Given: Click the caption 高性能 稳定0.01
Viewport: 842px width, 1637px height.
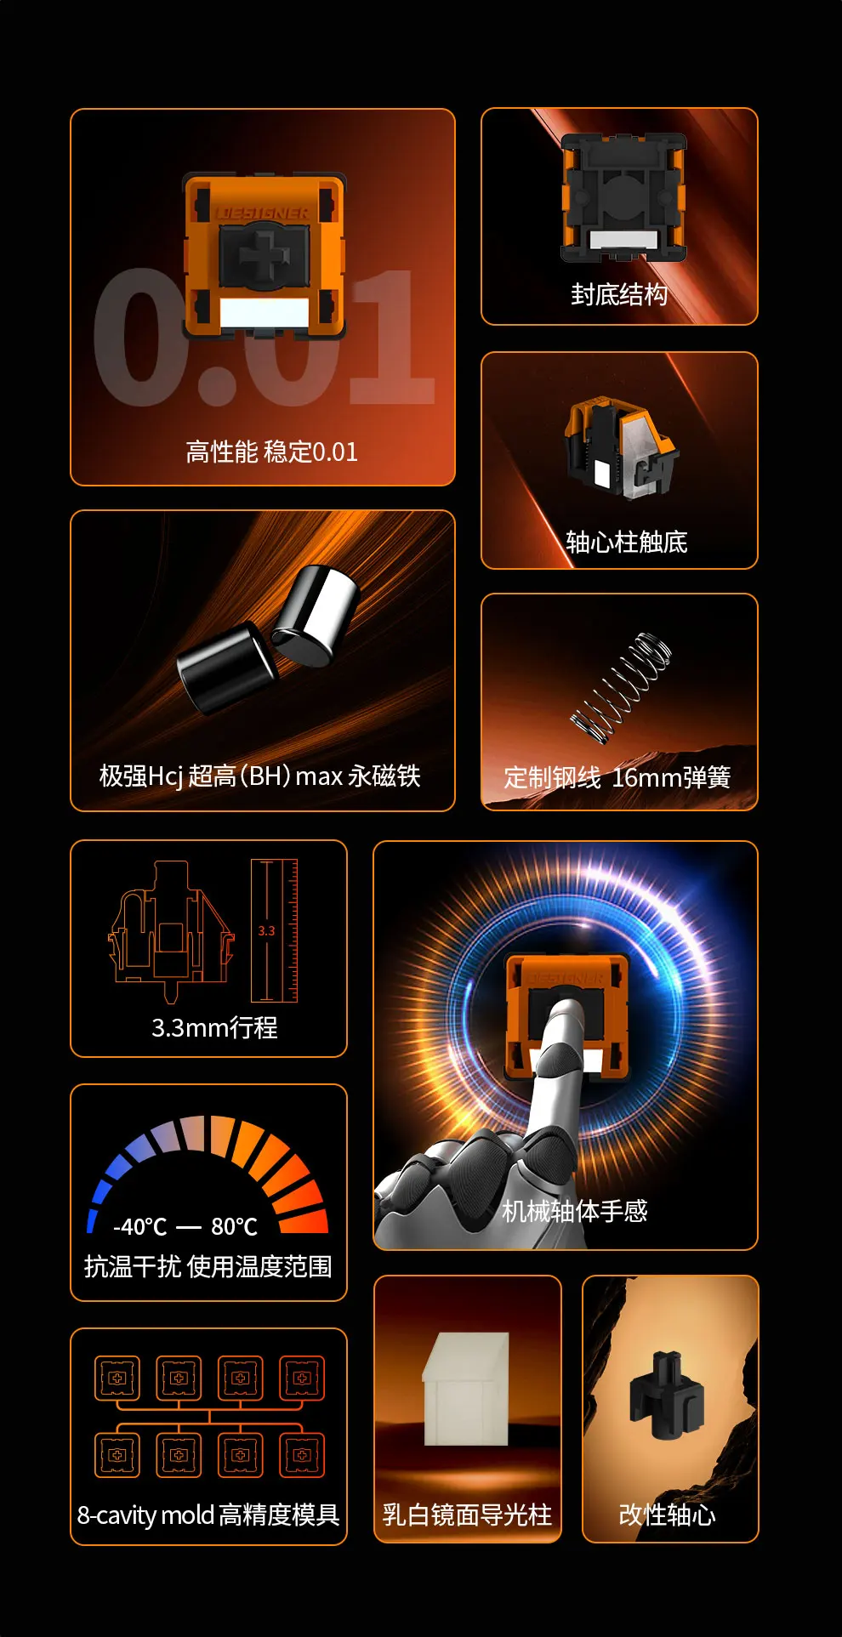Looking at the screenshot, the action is tap(272, 452).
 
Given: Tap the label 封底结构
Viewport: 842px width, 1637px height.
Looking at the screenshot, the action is tap(619, 294).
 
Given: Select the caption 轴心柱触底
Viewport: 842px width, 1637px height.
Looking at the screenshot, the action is tap(627, 542).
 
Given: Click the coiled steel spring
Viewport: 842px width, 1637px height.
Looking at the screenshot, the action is tap(621, 688).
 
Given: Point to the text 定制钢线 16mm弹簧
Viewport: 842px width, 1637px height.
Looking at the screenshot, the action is tap(617, 777).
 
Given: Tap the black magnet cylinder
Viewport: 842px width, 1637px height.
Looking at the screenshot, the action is tap(227, 667).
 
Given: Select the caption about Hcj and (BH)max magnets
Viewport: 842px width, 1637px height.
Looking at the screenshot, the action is tap(260, 776).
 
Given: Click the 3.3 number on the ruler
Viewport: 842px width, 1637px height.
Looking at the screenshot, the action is tap(266, 930).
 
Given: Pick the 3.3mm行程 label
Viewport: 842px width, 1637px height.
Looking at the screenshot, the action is tap(214, 1027).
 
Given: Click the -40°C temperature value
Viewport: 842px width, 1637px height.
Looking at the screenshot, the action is tap(140, 1226).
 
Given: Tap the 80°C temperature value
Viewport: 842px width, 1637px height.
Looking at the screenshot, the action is tap(235, 1226).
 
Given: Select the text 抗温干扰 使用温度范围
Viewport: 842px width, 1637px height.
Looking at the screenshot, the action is tap(208, 1266).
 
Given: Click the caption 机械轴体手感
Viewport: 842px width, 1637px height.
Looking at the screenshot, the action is tap(575, 1211).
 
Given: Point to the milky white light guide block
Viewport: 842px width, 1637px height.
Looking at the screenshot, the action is tap(466, 1388).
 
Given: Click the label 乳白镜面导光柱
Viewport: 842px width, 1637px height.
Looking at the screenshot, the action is tap(468, 1515).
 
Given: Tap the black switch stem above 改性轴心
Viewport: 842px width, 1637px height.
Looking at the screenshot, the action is tap(667, 1395).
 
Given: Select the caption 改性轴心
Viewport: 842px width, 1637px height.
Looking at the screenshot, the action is tap(668, 1515).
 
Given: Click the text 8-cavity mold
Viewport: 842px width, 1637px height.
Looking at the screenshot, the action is tap(145, 1515).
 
